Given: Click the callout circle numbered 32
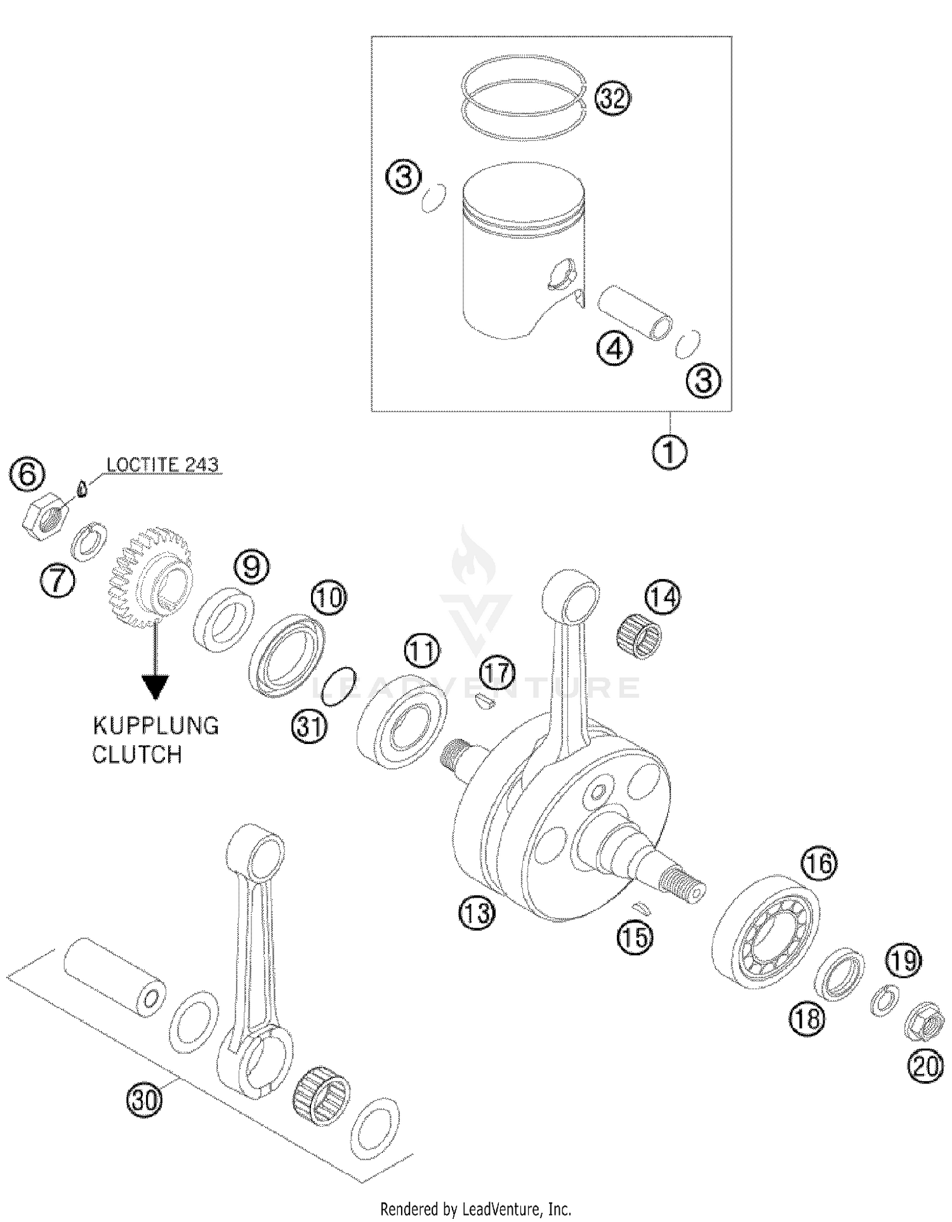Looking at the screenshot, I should [612, 99].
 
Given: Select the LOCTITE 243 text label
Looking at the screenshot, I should [162, 465].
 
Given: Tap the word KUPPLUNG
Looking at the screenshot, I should [155, 726].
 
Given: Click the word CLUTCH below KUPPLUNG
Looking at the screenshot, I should [137, 755].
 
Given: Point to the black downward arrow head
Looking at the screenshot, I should [155, 686].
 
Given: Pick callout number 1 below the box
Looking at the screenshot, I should [669, 452].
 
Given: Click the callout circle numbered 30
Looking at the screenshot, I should [144, 1098].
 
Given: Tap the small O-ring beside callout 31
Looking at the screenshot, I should [338, 686].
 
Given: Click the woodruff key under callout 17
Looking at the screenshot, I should [486, 701].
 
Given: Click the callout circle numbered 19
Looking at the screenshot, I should [904, 960].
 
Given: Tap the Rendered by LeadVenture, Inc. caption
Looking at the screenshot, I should [475, 1208].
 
